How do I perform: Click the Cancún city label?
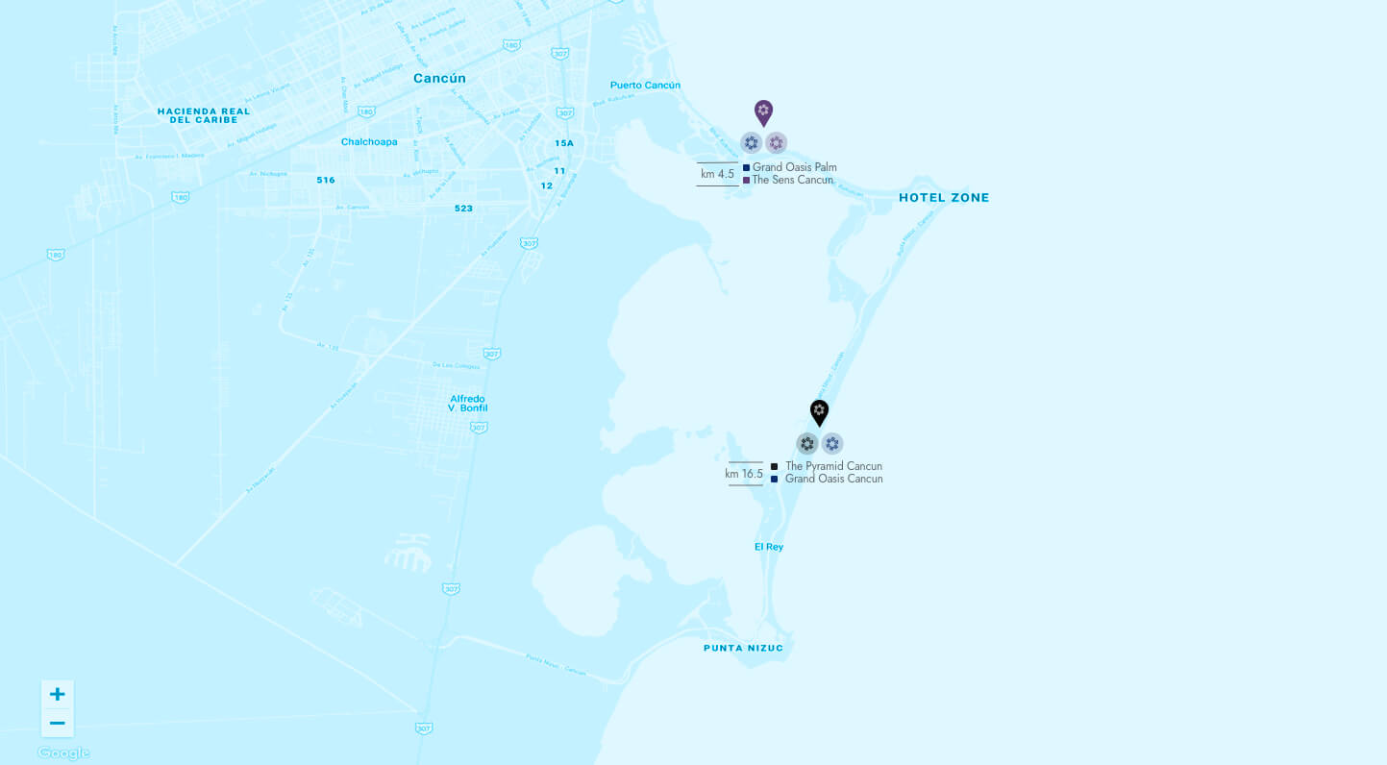[x=439, y=79]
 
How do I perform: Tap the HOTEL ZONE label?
[x=943, y=198]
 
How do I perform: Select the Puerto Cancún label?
[x=645, y=86]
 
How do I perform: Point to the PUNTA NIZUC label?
[x=743, y=648]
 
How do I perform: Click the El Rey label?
[x=768, y=547]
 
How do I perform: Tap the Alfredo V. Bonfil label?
[x=468, y=404]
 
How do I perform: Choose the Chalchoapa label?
[x=369, y=142]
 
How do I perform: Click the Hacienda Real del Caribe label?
[x=204, y=115]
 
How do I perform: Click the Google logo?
[x=63, y=753]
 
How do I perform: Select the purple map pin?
[x=763, y=112]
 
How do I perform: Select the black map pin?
[x=819, y=412]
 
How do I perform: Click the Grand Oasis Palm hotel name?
[x=794, y=167]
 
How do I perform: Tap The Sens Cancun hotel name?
[x=792, y=180]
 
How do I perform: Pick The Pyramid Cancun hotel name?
[x=833, y=466]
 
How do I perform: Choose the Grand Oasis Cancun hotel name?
[x=833, y=479]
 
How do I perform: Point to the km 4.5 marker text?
[x=717, y=174]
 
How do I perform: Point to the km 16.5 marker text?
[x=744, y=474]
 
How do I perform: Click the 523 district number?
[x=463, y=209]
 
